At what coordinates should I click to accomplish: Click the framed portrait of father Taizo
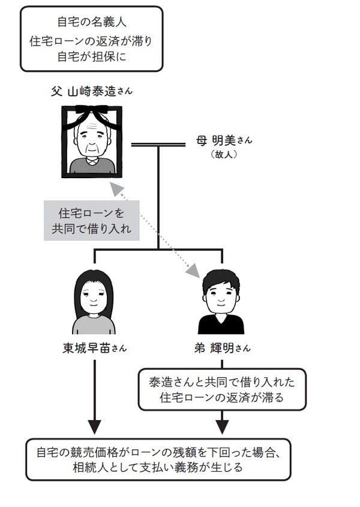coord(92,141)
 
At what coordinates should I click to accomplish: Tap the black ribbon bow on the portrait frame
coord(92,112)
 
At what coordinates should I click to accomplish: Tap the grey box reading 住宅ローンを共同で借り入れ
coord(91,220)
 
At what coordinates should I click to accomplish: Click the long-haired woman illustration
coord(94,303)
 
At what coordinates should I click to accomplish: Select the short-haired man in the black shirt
coord(221,303)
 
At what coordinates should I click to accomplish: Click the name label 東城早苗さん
coord(94,348)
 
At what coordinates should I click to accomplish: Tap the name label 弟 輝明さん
coord(222,348)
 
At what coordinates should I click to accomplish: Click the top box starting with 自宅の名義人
coord(92,39)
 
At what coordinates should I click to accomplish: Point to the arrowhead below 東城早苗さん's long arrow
coord(94,427)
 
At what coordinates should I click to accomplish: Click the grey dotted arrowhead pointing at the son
coord(193,271)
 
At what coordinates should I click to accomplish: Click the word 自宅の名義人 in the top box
coord(92,22)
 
